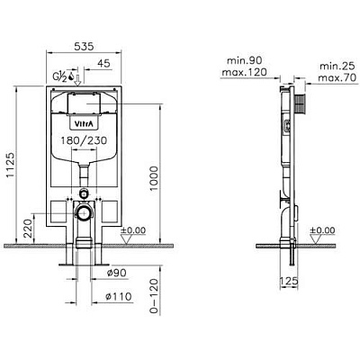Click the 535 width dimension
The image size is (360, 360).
click(x=84, y=47)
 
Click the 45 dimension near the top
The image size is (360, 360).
click(x=104, y=63)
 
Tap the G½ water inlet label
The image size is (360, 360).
click(x=60, y=76)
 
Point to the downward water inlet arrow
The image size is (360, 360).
click(x=77, y=80)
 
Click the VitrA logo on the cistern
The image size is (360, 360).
click(x=83, y=123)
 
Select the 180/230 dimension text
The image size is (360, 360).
click(x=84, y=140)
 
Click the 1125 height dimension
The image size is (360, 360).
click(x=11, y=165)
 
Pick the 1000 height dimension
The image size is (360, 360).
click(x=154, y=179)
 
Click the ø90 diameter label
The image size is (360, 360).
click(x=117, y=273)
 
